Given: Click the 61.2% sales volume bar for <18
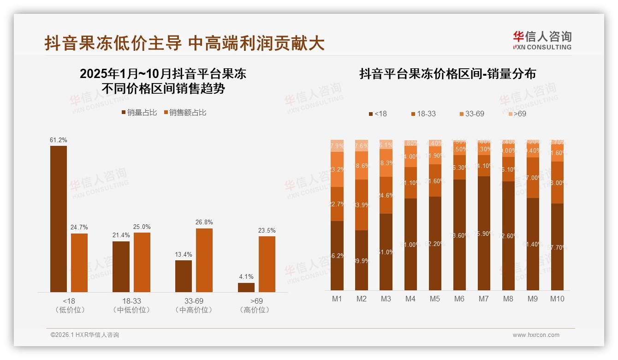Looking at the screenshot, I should coord(59,219).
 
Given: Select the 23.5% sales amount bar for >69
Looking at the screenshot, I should coord(267,264).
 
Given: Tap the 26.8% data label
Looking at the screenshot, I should coord(204,222).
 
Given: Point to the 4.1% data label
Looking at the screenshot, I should coord(246,277).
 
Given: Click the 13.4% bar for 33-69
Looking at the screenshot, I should coord(183,276).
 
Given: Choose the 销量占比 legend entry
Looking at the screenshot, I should coord(139,113).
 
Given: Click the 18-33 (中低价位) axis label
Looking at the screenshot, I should coord(131,305).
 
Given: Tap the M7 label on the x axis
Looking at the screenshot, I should coord(483,299).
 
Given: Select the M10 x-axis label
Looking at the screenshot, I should coord(557,299).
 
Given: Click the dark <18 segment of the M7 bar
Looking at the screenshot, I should coord(483,233).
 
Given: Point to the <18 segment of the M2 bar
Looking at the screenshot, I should coord(361,260).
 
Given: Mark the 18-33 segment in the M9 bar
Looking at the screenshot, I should coord(533,178).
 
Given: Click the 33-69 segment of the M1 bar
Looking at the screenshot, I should coord(337,169).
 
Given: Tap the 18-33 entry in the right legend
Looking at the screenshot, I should coord(422,114).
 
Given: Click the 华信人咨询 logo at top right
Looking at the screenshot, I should coord(542,40).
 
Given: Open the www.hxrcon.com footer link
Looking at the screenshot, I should coord(536,335).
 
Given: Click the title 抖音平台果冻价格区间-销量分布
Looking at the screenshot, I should coord(447,74).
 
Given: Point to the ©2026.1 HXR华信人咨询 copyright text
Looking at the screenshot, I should coord(85,335).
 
